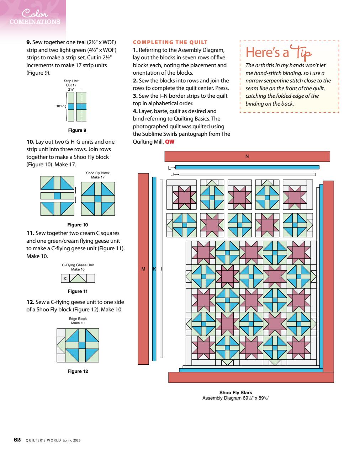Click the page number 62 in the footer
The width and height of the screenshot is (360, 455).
point(17,440)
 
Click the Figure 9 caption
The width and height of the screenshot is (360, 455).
point(77,130)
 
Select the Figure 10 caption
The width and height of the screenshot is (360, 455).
point(78,225)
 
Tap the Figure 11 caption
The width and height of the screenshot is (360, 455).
point(78,291)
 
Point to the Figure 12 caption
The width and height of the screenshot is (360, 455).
point(78,371)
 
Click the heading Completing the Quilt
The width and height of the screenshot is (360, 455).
point(170,42)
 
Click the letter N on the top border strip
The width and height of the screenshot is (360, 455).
point(247,156)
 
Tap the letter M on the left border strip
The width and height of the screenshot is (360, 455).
point(143,269)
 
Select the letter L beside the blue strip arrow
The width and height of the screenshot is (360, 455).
point(170,167)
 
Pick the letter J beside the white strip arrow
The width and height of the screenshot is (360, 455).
point(173,175)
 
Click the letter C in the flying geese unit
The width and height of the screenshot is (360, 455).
point(65,279)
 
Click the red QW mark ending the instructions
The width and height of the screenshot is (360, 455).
point(170,142)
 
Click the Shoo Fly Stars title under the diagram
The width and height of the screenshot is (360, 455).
point(235,393)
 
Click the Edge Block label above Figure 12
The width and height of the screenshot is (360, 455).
point(78,319)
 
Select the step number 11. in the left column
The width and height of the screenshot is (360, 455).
point(30,233)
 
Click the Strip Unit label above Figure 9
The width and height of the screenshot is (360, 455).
point(71,81)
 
